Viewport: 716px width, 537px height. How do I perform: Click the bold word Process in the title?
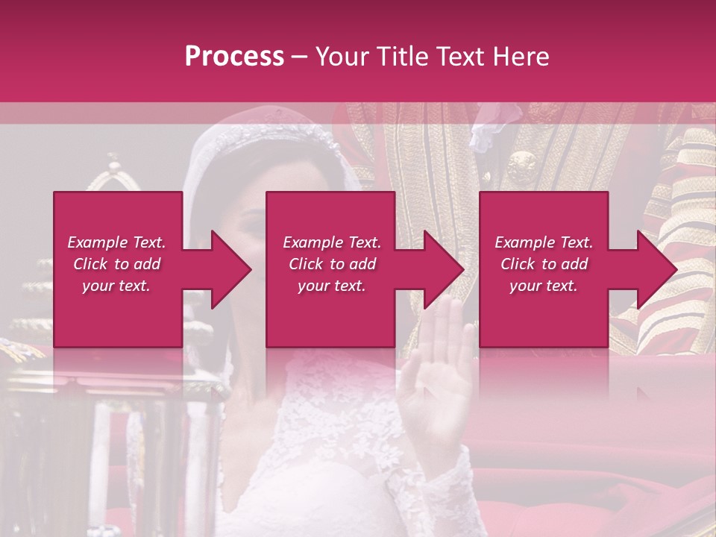point(234,57)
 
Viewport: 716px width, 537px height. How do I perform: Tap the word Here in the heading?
point(520,57)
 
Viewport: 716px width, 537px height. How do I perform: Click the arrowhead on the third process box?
point(652,269)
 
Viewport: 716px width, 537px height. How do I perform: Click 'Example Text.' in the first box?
point(116,242)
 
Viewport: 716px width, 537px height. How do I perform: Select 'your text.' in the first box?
point(116,286)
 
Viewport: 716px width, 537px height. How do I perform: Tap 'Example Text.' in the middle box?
point(331,242)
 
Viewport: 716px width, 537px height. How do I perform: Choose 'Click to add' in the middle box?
point(331,264)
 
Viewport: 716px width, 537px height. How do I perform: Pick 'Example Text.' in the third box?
point(544,242)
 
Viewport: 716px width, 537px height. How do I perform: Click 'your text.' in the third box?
point(544,286)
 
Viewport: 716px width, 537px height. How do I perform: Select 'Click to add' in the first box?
point(116,264)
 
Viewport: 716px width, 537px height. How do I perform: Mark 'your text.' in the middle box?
point(331,286)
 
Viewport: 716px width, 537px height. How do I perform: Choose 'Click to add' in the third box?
point(544,264)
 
